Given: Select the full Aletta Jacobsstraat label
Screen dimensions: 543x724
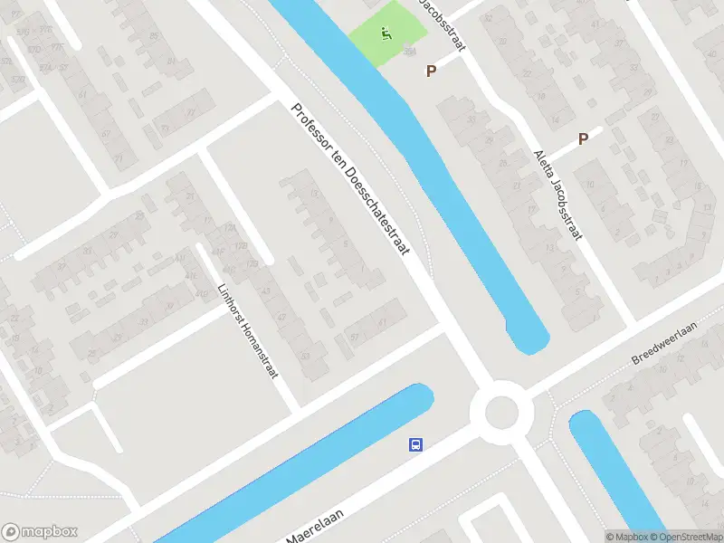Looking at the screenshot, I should point(556,195).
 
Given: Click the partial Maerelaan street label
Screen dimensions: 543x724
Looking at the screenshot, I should point(318,526).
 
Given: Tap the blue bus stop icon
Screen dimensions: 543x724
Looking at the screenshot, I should point(415,444).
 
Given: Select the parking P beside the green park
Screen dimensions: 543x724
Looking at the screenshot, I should point(432,70).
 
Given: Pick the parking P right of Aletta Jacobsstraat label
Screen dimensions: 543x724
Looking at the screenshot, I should point(584,138).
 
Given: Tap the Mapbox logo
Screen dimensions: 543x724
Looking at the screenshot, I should point(40,531).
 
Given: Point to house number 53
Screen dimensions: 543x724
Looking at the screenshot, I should point(304,356).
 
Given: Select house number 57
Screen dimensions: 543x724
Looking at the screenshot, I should point(354,337).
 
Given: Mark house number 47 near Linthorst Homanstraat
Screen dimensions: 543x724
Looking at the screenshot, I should point(281,316).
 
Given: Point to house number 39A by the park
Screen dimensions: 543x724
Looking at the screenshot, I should point(409,53).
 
